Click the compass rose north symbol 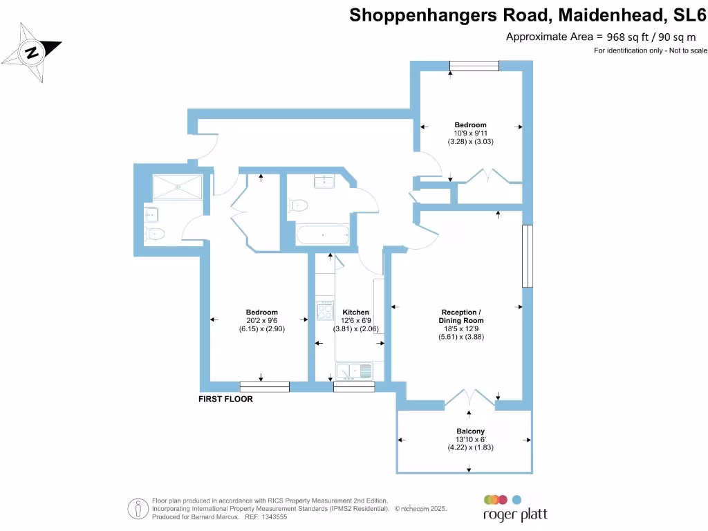pyautogui.click(x=32, y=52)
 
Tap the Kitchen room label pyautogui.click(x=355, y=313)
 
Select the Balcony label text pyautogui.click(x=470, y=431)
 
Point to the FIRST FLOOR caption pyautogui.click(x=225, y=400)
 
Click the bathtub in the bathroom pyautogui.click(x=323, y=234)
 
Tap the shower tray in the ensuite pyautogui.click(x=178, y=185)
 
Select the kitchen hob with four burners pyautogui.click(x=324, y=310)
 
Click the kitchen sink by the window pyautogui.click(x=354, y=371)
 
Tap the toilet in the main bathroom pyautogui.click(x=299, y=205)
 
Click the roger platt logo pyautogui.click(x=515, y=507)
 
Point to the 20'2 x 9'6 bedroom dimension pyautogui.click(x=261, y=321)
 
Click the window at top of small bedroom pyautogui.click(x=474, y=66)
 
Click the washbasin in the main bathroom pyautogui.click(x=324, y=182)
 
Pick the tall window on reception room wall pyautogui.click(x=528, y=256)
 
